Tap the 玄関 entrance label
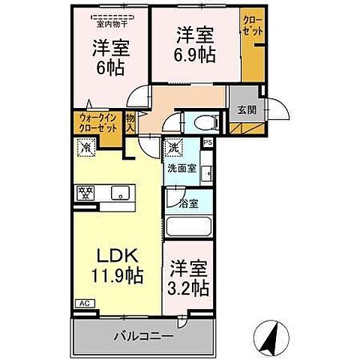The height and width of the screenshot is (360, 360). click(x=246, y=109)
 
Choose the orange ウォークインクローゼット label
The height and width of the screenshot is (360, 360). click(x=97, y=122)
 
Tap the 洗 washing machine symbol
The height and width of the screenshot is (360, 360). click(x=173, y=147)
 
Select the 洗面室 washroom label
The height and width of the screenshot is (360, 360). click(x=182, y=169)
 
